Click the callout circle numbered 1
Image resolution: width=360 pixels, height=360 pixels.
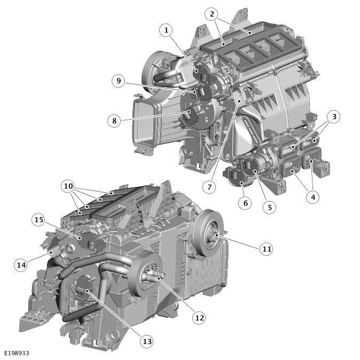[166, 30]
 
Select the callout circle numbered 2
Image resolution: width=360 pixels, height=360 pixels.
[212, 14]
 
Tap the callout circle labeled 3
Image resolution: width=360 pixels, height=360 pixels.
[334, 116]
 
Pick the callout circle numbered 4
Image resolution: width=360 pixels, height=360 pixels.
[313, 197]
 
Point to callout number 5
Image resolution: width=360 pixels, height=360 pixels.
[270, 207]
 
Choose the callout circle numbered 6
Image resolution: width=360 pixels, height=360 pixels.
[245, 203]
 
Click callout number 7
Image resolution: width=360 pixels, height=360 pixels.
[209, 187]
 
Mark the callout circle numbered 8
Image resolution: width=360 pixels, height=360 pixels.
[114, 121]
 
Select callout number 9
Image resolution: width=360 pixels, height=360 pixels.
[119, 81]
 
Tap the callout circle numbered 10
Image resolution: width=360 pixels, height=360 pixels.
[68, 186]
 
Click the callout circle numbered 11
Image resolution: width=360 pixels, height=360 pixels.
[267, 249]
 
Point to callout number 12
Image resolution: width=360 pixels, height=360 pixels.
[199, 318]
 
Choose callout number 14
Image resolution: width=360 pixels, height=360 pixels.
[21, 265]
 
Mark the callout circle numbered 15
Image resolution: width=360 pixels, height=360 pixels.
[38, 220]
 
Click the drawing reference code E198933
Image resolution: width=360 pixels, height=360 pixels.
[17, 353]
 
